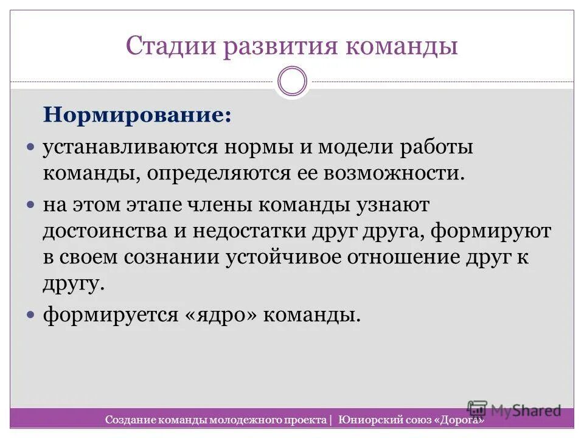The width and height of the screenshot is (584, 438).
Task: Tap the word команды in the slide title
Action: (x=401, y=46)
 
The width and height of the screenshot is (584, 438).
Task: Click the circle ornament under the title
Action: (x=292, y=82)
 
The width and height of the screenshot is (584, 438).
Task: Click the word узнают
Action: (x=392, y=206)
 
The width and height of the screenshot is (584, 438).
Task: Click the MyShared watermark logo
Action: (x=513, y=410)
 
